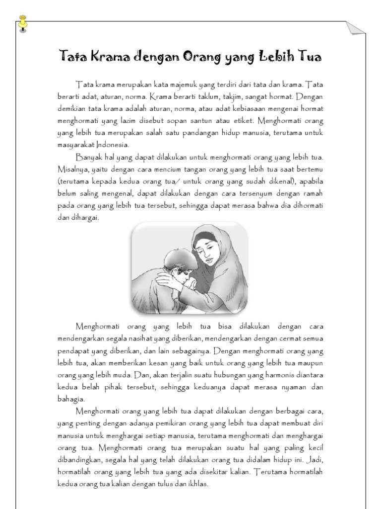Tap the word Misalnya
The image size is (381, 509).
click(72, 169)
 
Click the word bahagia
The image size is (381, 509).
click(71, 399)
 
